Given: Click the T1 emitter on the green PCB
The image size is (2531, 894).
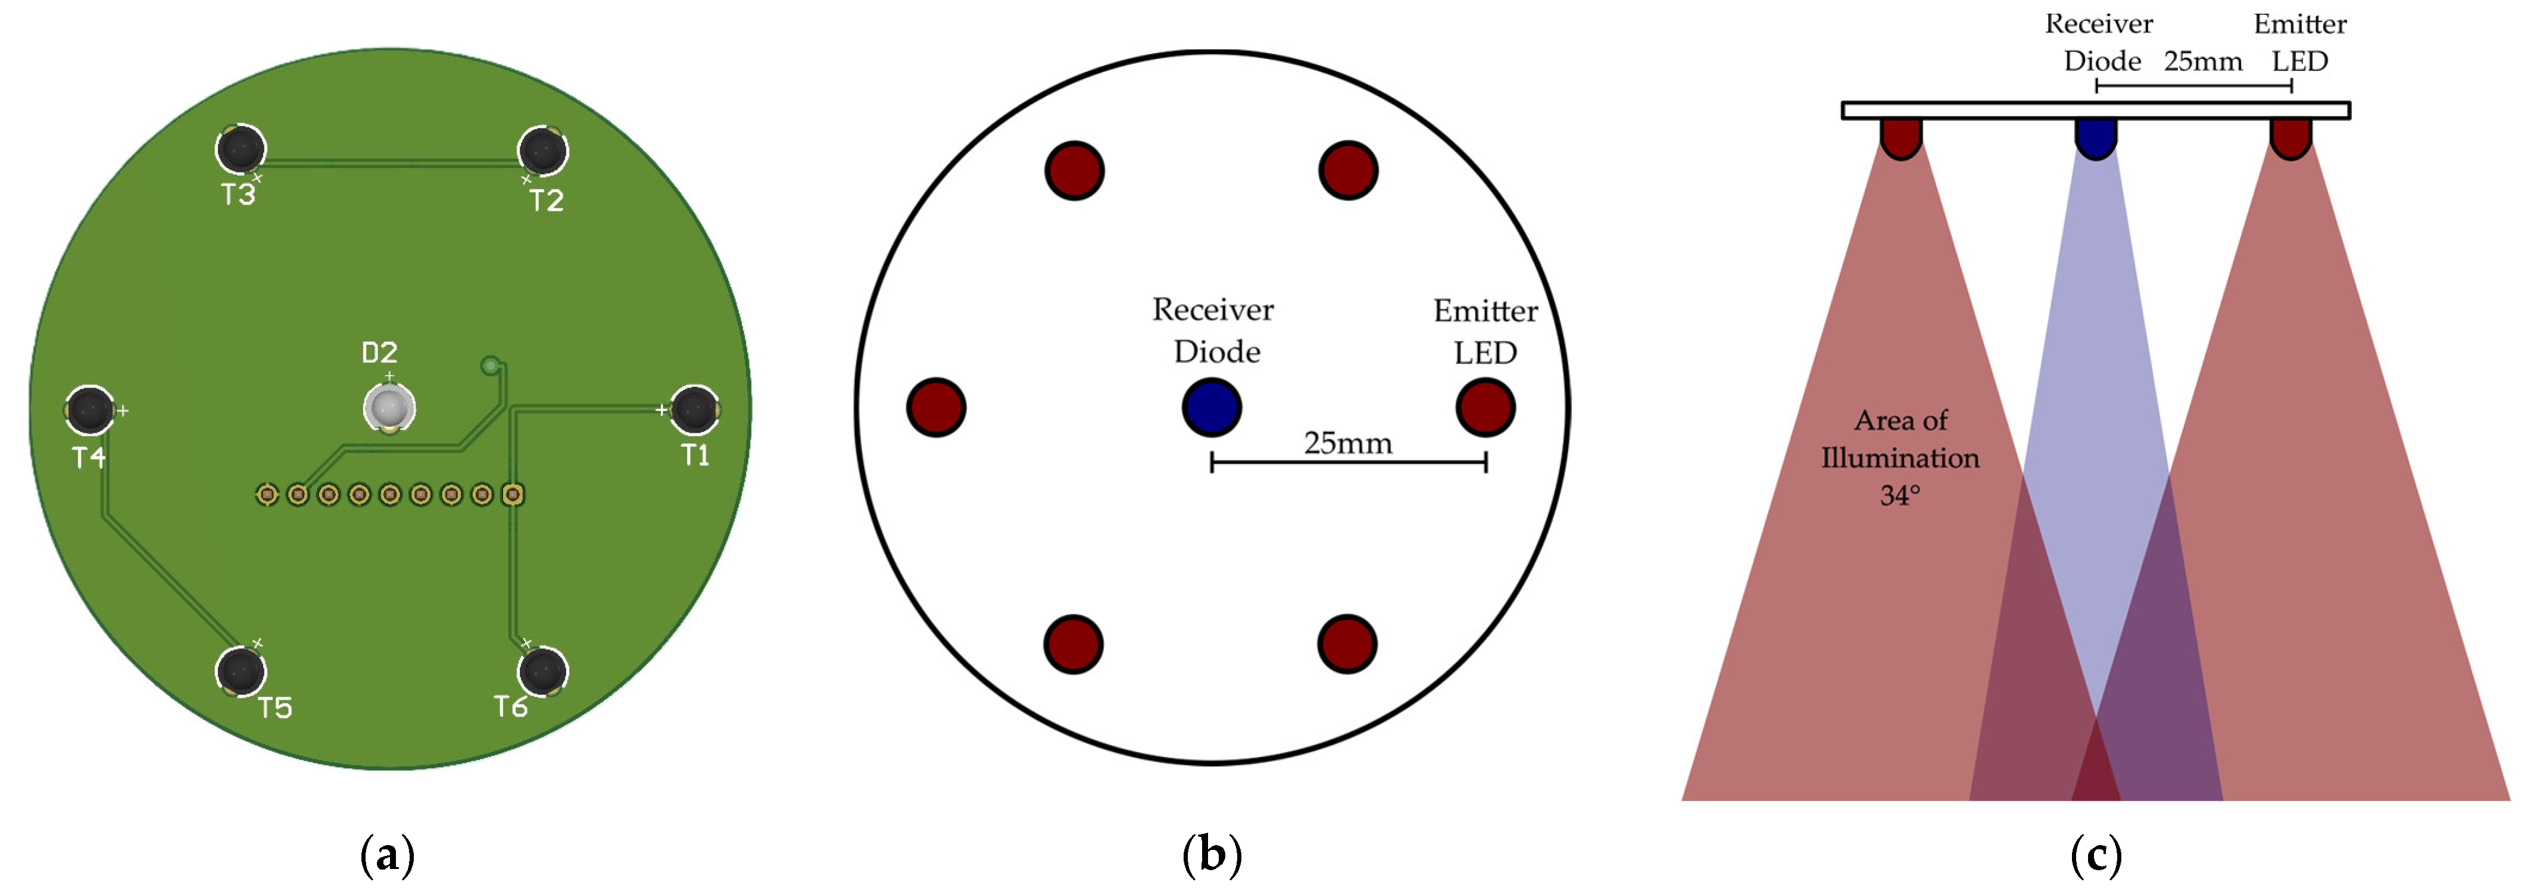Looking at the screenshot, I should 695,410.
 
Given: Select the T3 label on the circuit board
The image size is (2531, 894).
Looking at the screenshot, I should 238,195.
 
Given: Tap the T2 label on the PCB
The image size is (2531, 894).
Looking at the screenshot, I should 547,201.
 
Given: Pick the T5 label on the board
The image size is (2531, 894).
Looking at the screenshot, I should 275,707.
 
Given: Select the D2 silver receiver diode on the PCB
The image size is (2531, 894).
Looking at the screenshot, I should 389,407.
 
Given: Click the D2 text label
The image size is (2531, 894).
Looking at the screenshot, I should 379,352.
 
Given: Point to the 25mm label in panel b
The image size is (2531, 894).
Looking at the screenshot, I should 1348,443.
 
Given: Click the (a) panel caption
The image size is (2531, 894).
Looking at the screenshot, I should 387,855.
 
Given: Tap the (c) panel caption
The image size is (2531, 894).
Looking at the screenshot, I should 2096,855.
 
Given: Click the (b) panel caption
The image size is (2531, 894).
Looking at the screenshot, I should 1212,855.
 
